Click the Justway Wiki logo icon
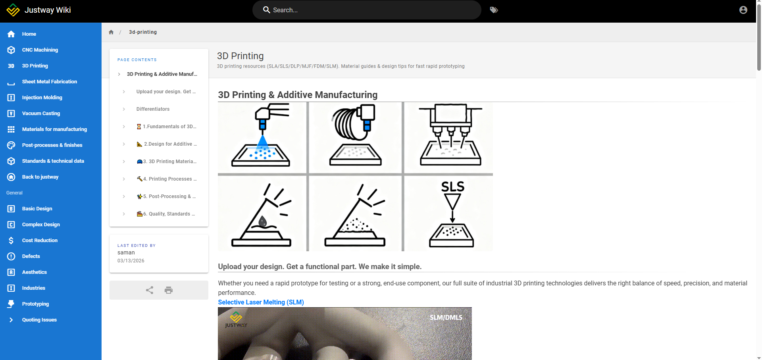point(13,10)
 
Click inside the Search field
point(367,10)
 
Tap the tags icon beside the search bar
point(494,10)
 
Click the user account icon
point(743,10)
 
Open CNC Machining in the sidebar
point(40,50)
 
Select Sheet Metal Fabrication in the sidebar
point(50,82)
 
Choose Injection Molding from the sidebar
point(42,98)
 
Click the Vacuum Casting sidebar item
point(41,114)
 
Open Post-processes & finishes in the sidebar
point(52,145)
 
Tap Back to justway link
point(40,177)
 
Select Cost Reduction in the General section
point(40,241)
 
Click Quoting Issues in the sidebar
point(39,320)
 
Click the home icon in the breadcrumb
point(111,32)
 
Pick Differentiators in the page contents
point(153,109)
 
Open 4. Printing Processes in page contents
point(167,179)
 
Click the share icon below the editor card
point(150,290)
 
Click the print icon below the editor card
point(169,290)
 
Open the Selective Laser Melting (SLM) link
point(261,302)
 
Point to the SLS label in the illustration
point(453,187)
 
